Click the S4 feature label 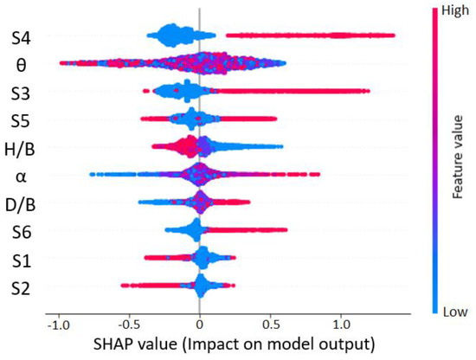coord(23,37)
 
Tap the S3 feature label coord(23,91)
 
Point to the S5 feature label coord(23,119)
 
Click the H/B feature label coord(21,146)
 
